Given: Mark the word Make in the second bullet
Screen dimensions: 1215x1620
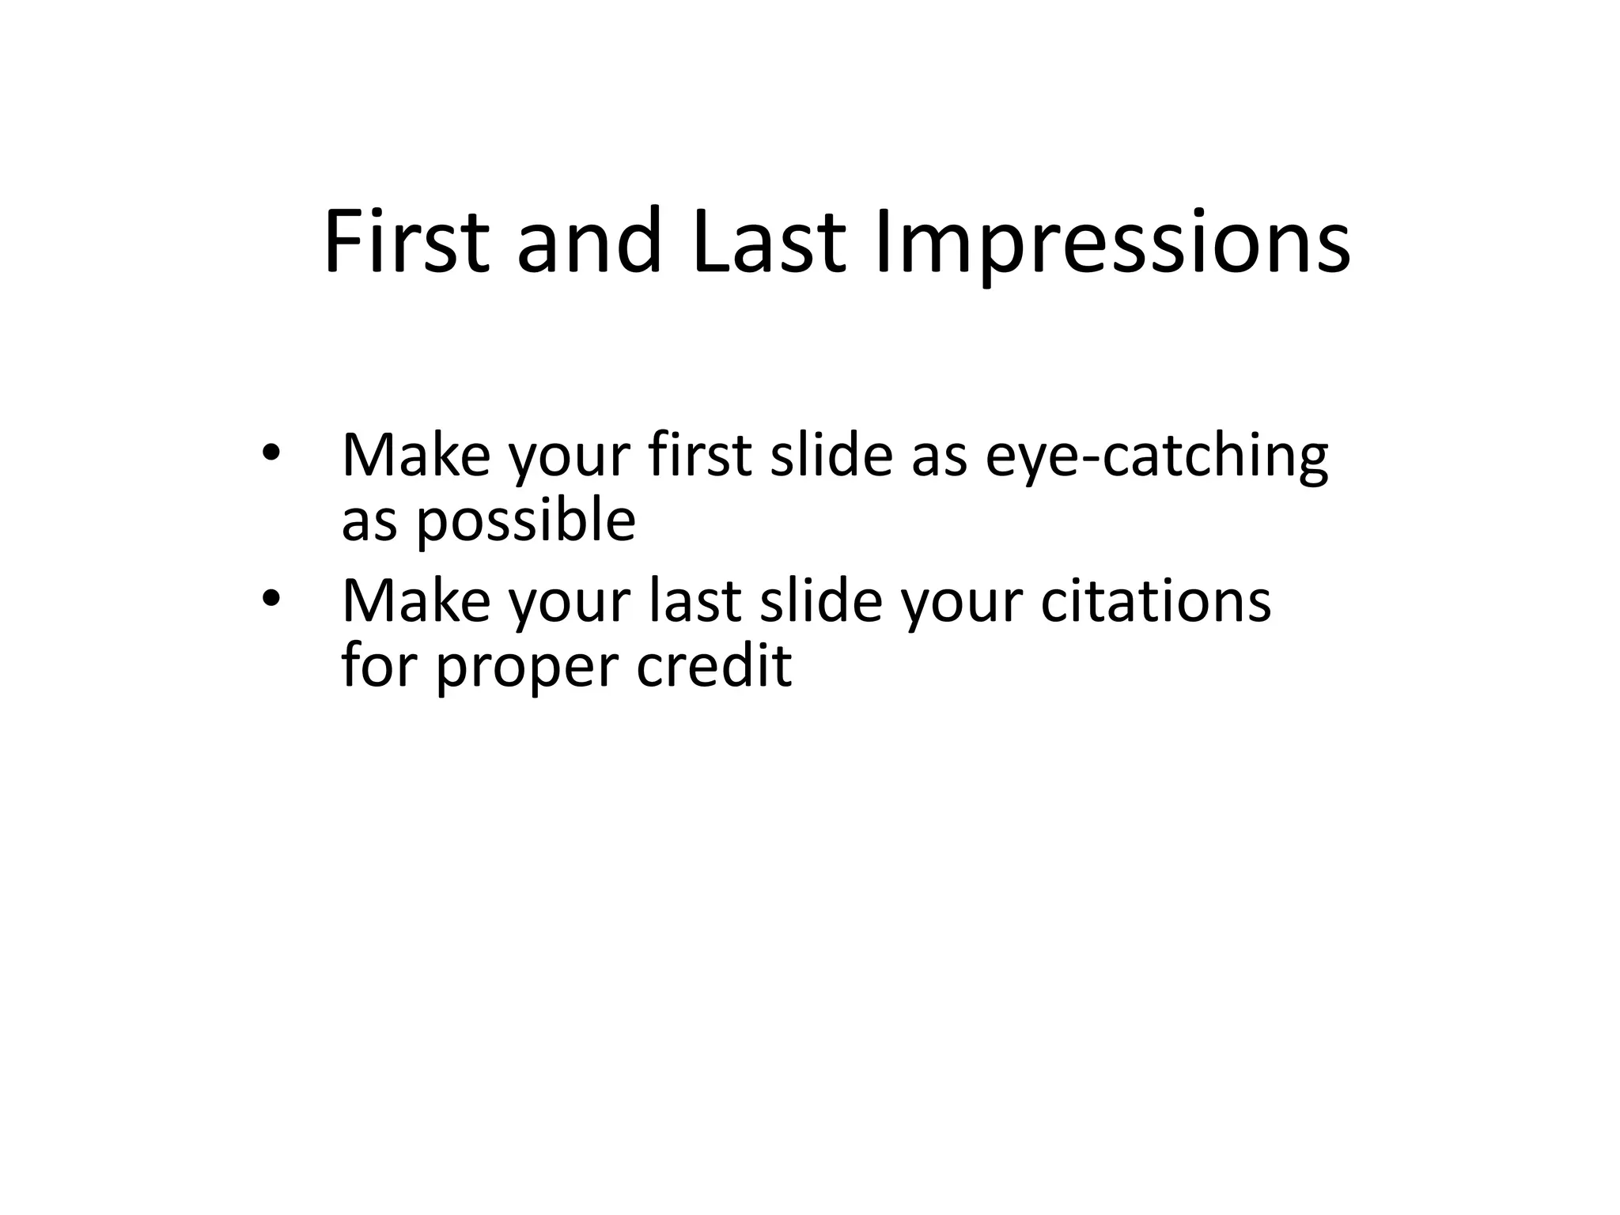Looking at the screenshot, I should [416, 601].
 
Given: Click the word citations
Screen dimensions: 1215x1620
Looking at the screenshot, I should [1156, 601].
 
